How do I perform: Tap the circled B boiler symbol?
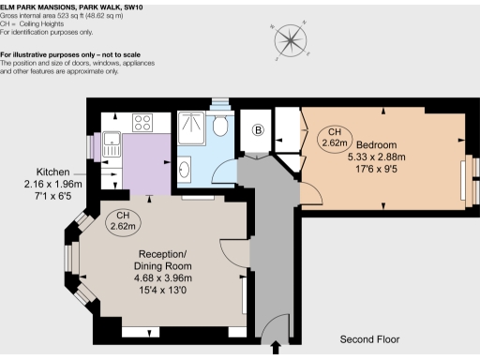[259, 131]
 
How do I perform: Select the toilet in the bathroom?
[221, 126]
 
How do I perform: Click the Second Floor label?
[370, 338]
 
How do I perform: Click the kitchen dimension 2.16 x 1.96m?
[54, 185]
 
